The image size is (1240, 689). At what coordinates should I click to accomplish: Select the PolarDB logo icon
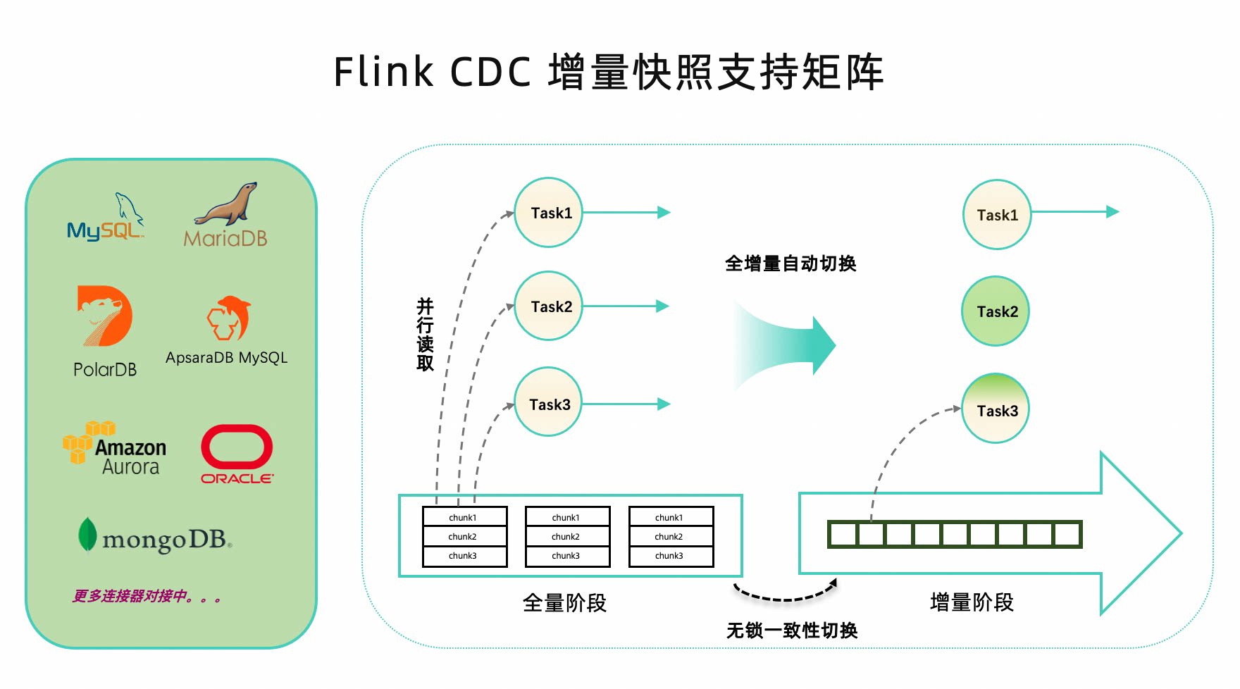[104, 316]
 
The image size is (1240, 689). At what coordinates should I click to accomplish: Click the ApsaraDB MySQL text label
[226, 358]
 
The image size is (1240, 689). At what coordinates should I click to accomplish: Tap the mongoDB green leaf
[87, 535]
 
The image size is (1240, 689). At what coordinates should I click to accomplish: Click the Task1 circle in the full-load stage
[549, 213]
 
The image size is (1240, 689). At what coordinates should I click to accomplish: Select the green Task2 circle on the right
[996, 311]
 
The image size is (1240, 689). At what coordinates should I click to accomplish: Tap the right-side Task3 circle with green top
[996, 409]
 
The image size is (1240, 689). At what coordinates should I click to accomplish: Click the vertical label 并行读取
[425, 334]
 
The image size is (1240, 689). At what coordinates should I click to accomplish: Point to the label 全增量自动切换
[790, 264]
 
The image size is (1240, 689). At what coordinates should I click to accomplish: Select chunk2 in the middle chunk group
[566, 537]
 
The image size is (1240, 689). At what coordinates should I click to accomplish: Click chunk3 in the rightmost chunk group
[670, 556]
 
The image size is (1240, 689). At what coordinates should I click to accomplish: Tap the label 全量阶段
[564, 603]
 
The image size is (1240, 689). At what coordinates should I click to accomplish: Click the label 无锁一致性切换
[792, 631]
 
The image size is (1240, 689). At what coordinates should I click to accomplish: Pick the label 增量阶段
[972, 602]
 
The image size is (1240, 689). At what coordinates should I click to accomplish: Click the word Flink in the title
[383, 72]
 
